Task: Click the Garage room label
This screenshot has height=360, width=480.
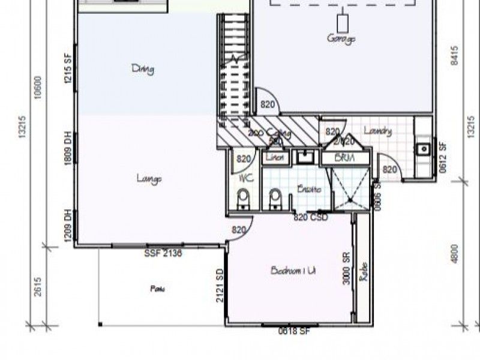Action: (341, 38)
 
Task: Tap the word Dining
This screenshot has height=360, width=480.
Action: (143, 69)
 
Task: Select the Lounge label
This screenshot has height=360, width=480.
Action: (149, 178)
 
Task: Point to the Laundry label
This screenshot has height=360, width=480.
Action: (378, 131)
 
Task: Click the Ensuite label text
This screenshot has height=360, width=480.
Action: (309, 189)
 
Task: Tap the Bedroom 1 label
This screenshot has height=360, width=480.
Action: (293, 271)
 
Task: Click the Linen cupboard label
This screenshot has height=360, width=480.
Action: (275, 158)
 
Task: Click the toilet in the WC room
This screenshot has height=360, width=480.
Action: (243, 199)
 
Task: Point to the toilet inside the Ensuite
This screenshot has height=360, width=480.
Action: (275, 199)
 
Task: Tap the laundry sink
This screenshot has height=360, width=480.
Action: (423, 147)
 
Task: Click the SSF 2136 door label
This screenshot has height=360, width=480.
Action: (163, 253)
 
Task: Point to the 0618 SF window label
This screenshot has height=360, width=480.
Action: (293, 331)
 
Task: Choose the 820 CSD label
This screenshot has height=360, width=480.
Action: (310, 218)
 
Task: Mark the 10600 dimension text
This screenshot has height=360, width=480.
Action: (38, 90)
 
